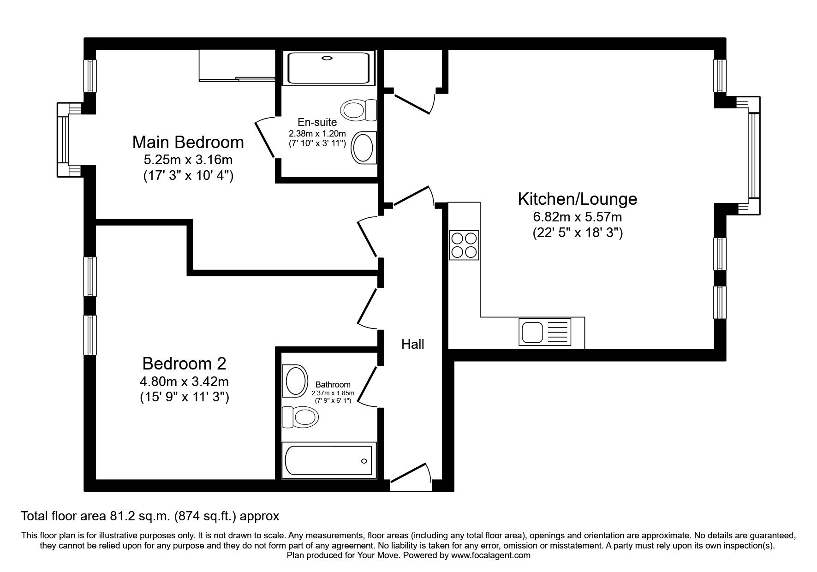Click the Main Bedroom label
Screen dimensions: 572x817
pos(188,142)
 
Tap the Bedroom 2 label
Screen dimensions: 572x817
pos(184,363)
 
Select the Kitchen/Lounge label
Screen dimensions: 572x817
pos(577,199)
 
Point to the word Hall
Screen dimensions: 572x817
pos(412,344)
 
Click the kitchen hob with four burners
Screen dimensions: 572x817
pos(464,245)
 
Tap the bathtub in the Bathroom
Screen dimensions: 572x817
pos(328,460)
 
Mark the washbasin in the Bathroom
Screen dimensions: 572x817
pos(296,381)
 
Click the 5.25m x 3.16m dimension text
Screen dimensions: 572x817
pos(188,160)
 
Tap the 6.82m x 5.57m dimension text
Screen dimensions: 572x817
pos(577,217)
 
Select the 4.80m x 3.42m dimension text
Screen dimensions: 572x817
pos(184,381)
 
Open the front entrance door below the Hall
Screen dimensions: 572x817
pos(411,480)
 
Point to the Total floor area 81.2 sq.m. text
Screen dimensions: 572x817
pos(150,515)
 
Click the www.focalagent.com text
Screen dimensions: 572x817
pos(490,555)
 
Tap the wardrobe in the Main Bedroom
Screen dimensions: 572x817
pos(237,66)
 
